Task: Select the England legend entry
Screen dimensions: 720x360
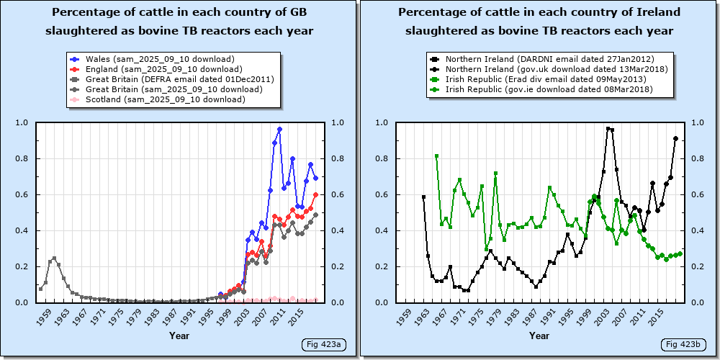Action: (156, 69)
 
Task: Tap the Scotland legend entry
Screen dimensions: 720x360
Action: (158, 99)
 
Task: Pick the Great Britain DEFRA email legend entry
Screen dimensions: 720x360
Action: (172, 79)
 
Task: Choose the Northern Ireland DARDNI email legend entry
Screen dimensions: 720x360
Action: (543, 59)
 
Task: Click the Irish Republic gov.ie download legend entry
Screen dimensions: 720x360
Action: (542, 89)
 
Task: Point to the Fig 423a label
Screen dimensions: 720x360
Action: (324, 344)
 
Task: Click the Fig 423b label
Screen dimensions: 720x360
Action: (683, 344)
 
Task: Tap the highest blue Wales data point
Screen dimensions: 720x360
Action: (279, 130)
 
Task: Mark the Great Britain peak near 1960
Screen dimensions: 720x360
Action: (54, 258)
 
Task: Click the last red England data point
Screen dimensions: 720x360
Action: (316, 194)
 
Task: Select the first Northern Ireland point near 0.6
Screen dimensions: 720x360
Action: (423, 197)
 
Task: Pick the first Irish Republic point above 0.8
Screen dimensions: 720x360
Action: (437, 156)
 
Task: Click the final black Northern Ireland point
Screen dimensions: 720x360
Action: (675, 138)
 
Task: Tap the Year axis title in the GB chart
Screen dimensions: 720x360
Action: (179, 336)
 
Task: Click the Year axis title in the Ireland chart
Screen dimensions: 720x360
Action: (539, 336)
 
